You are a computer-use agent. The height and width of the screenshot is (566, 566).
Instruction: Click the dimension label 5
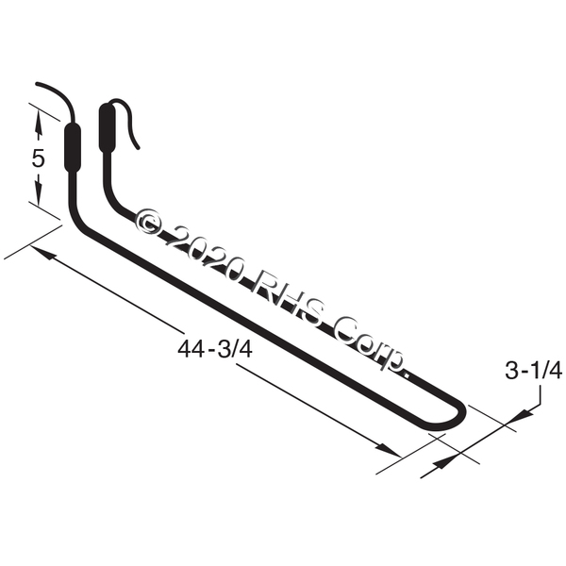tap(38, 158)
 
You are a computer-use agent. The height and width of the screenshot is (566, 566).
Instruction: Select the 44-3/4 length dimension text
tap(215, 349)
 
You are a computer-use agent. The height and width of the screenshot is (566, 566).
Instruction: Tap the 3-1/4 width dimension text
tap(533, 371)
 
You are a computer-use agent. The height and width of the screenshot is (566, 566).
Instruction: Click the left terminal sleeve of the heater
tap(73, 147)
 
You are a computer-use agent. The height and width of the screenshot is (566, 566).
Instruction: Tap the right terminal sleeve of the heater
tap(107, 126)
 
